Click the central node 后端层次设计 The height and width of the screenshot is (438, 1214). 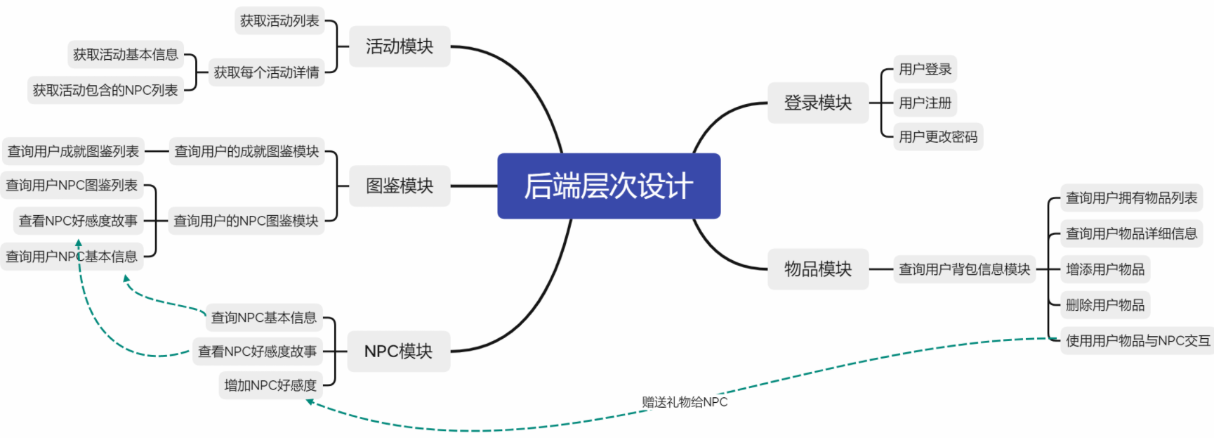pyautogui.click(x=609, y=186)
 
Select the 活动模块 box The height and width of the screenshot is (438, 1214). pyautogui.click(x=400, y=46)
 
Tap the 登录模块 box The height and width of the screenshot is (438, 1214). pyautogui.click(x=818, y=103)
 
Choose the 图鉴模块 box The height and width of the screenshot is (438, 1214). pyautogui.click(x=400, y=186)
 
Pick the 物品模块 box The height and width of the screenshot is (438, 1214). pyautogui.click(x=818, y=269)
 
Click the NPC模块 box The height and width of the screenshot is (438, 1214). pyautogui.click(x=398, y=351)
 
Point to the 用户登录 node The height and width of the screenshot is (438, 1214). pyautogui.click(x=925, y=69)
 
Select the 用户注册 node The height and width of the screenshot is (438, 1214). pyautogui.click(x=925, y=103)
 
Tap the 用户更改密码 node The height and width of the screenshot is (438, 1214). pyautogui.click(x=938, y=136)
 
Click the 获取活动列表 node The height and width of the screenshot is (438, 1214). pyautogui.click(x=279, y=21)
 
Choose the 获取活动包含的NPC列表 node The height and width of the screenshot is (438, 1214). pyautogui.click(x=105, y=90)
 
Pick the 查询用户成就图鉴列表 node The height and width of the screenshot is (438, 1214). pyautogui.click(x=73, y=151)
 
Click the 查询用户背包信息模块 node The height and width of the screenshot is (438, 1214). pyautogui.click(x=964, y=269)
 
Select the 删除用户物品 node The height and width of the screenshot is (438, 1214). pyautogui.click(x=1104, y=304)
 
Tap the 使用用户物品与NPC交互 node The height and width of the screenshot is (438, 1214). pyautogui.click(x=1137, y=341)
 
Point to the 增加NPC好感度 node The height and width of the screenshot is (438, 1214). pyautogui.click(x=270, y=385)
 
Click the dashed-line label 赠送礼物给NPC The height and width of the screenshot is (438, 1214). pyautogui.click(x=685, y=402)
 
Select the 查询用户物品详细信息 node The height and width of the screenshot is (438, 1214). pyautogui.click(x=1131, y=233)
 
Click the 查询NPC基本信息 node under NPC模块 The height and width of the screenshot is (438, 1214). pyautogui.click(x=264, y=318)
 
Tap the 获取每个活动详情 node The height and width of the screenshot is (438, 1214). pyautogui.click(x=266, y=72)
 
